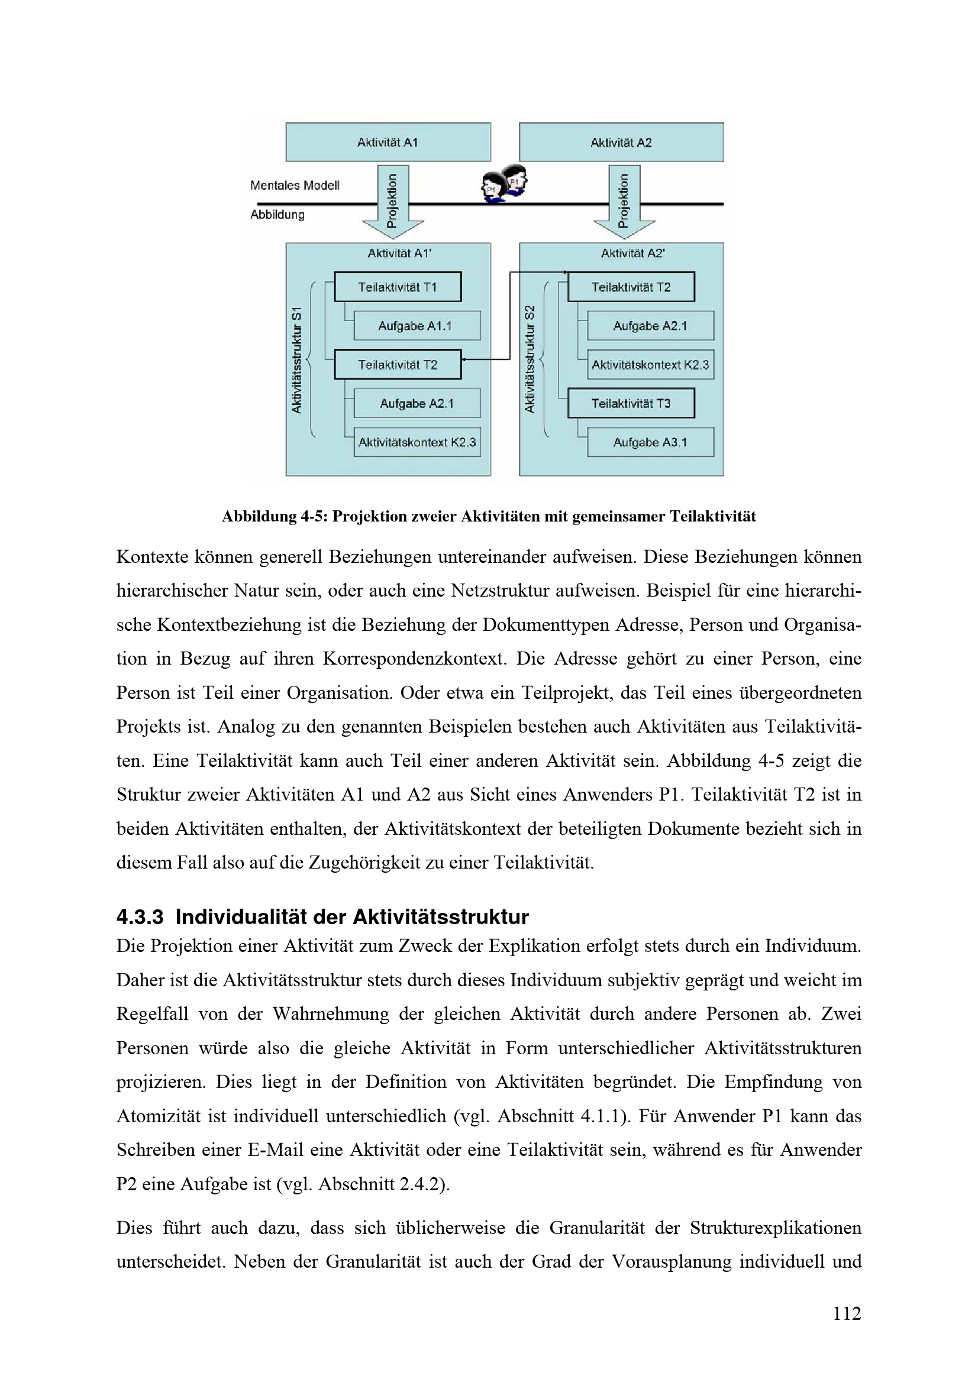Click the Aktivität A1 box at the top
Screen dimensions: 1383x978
[x=388, y=142]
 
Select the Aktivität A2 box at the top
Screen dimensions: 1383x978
[x=621, y=142]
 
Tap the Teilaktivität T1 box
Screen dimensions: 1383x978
[x=397, y=287]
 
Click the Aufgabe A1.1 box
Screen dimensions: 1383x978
[x=417, y=326]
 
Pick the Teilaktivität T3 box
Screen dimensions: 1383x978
[x=630, y=404]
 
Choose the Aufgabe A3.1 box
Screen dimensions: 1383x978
[x=650, y=442]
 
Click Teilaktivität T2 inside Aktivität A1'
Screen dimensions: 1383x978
[x=397, y=364]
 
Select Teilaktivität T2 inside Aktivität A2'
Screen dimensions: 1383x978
[x=630, y=287]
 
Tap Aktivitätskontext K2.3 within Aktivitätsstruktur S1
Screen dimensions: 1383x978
[x=417, y=442]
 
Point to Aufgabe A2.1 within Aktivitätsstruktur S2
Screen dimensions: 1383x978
[x=650, y=326]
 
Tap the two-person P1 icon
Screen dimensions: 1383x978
[x=504, y=184]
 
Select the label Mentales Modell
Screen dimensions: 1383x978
[x=295, y=186]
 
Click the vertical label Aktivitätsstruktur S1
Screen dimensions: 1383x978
[x=296, y=360]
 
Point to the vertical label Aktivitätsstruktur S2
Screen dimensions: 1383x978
[x=530, y=360]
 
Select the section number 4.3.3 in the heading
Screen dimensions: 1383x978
[x=140, y=918]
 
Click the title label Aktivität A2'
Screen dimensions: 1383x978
[x=632, y=254]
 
